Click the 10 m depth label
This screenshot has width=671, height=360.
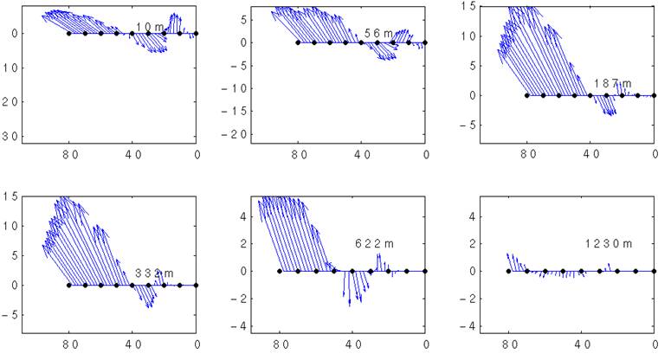(151, 28)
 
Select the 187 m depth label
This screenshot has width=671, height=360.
(612, 84)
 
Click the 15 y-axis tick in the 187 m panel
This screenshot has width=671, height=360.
(467, 6)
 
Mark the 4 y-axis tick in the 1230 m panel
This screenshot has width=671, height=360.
(472, 216)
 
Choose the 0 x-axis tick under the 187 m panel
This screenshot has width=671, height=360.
(655, 154)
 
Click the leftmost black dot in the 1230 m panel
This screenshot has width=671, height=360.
(508, 271)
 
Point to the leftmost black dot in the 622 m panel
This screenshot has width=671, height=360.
(280, 271)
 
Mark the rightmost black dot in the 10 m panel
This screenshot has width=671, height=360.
(197, 33)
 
